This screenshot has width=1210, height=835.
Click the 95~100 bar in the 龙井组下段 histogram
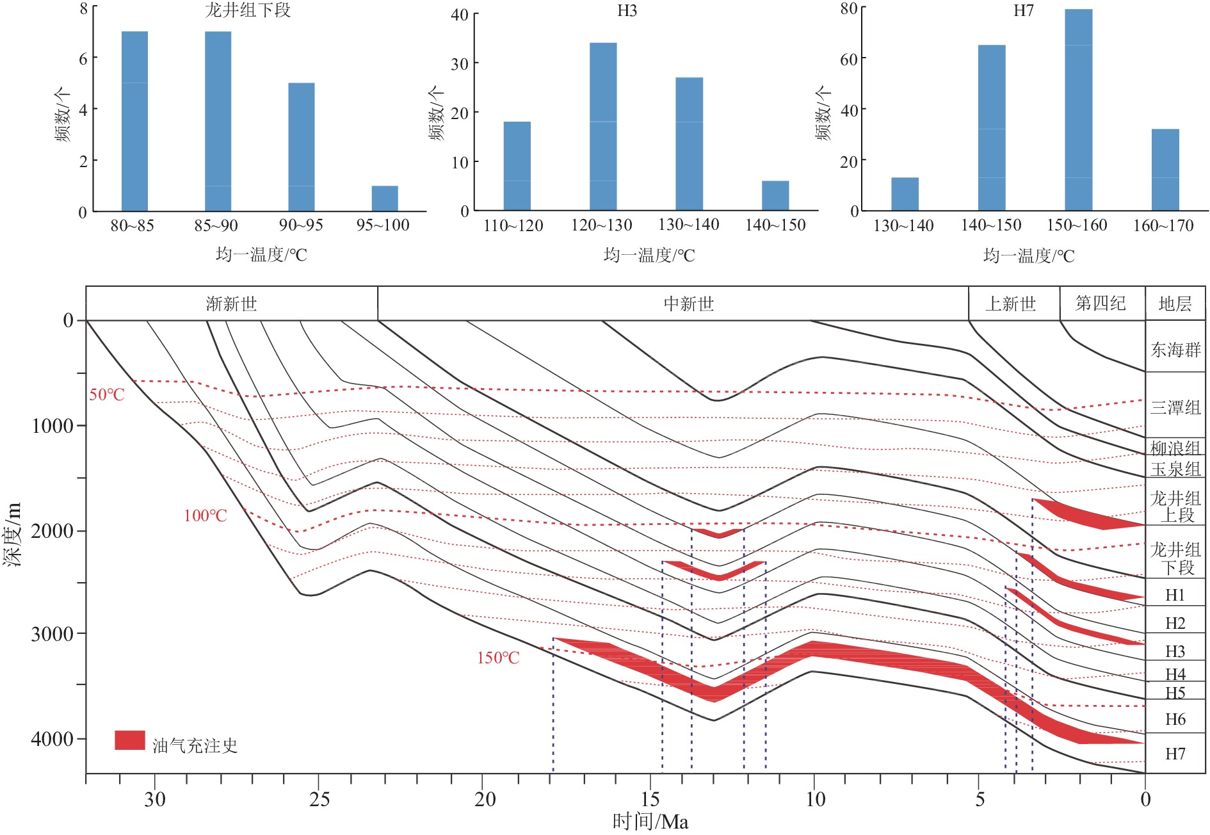pos(385,199)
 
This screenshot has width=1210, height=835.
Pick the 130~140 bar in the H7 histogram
pos(905,194)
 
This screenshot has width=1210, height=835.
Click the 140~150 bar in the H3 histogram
pos(775,195)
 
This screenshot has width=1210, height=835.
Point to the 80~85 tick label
pos(132,225)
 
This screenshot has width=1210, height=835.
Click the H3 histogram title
pos(627,11)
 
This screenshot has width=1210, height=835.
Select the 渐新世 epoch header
pos(231,304)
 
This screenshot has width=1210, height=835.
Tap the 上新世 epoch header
pos(1010,304)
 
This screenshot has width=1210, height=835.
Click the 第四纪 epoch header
pos(1101,303)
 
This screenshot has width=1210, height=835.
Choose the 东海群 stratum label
pos(1175,350)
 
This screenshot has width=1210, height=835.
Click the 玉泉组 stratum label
pos(1175,469)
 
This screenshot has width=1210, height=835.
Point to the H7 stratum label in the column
pos(1175,754)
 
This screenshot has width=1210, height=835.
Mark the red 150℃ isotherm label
pos(498,658)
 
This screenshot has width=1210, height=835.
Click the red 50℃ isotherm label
pos(107,394)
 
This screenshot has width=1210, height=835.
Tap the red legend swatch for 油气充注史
pos(130,740)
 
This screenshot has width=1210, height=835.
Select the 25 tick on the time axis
pos(319,799)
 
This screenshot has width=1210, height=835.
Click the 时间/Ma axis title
pos(650,822)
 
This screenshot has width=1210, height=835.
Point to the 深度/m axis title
pos(13,535)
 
